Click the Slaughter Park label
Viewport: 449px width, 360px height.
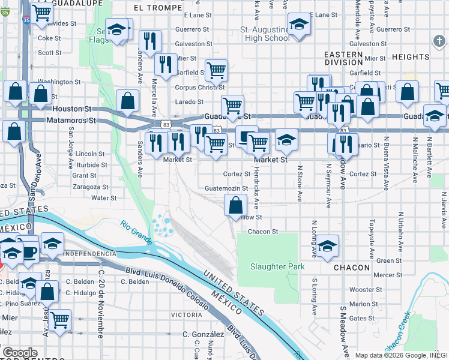click(x=278, y=266)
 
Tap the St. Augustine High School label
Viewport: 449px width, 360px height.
click(x=264, y=34)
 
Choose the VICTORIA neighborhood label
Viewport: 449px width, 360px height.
click(x=186, y=314)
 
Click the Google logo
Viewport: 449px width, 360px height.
click(x=20, y=353)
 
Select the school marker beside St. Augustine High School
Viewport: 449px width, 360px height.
click(x=298, y=25)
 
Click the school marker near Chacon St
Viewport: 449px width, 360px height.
click(x=327, y=246)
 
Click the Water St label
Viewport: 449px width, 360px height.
click(x=104, y=197)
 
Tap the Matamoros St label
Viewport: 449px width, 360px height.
click(x=71, y=120)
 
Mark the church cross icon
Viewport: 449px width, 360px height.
click(x=439, y=40)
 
